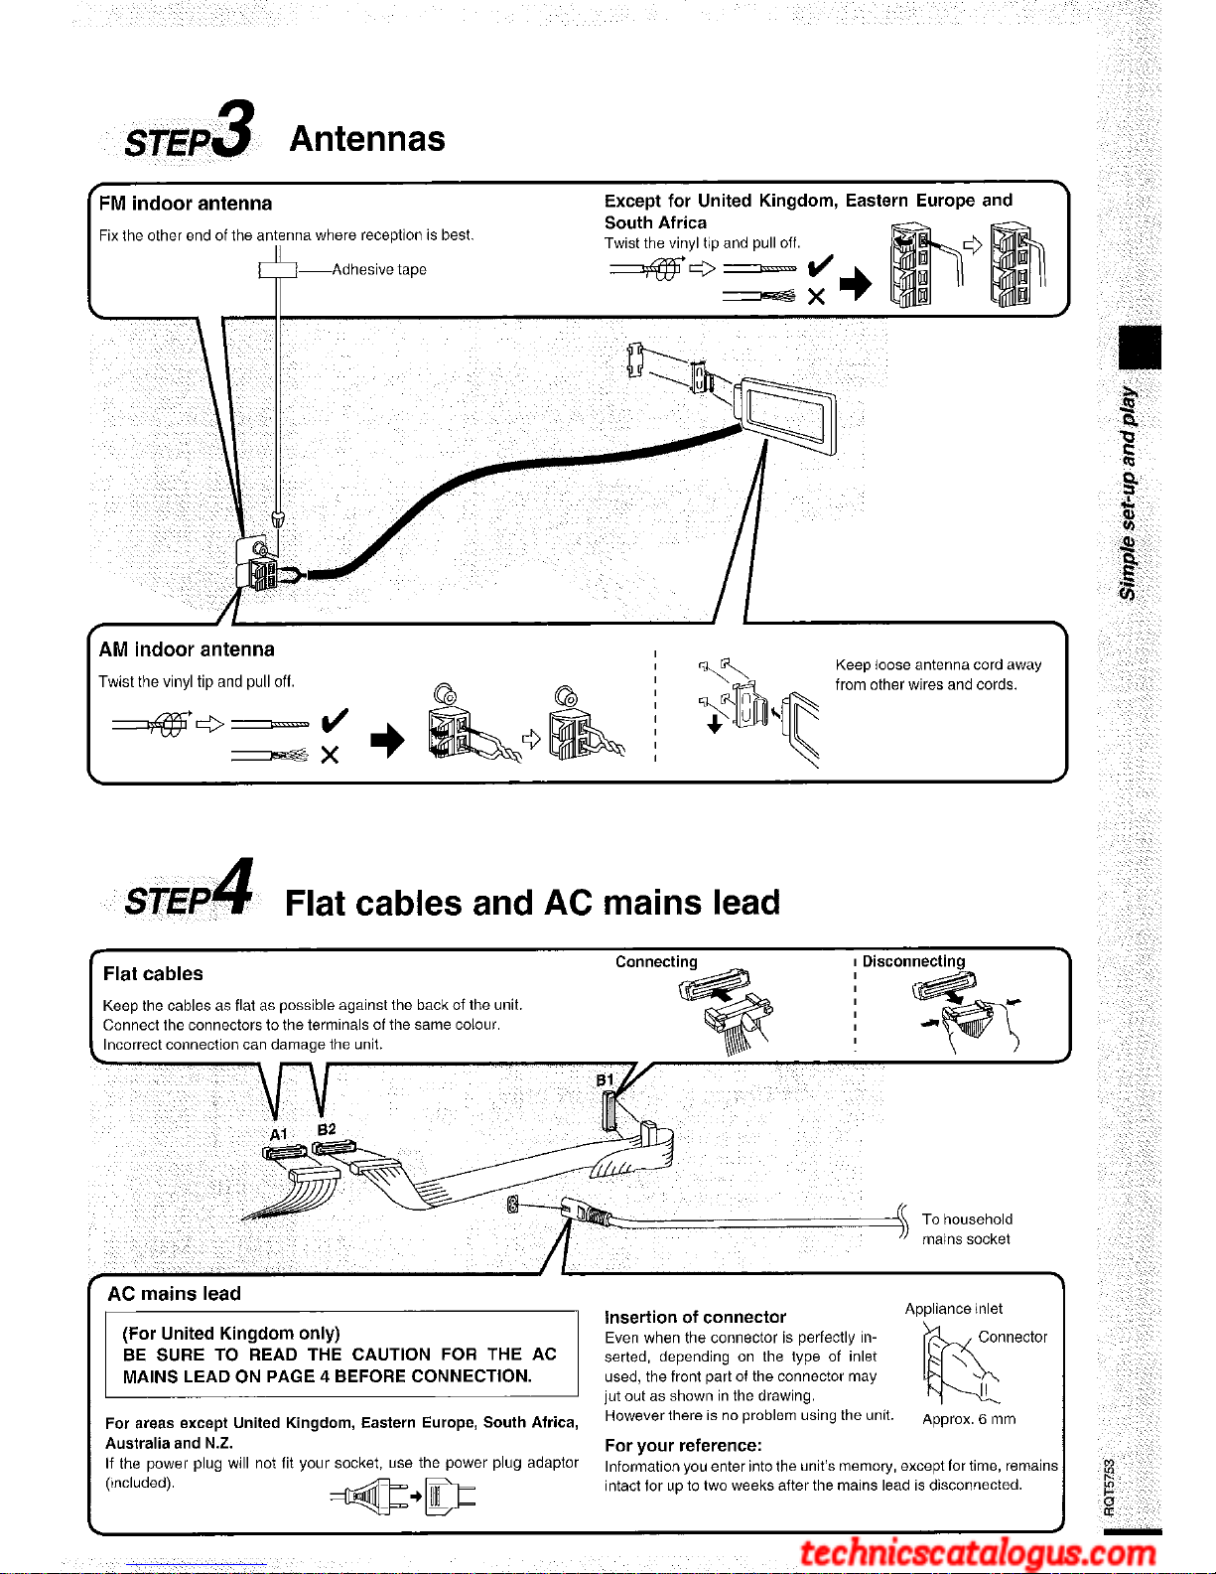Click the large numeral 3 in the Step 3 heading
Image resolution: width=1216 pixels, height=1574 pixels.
point(234,129)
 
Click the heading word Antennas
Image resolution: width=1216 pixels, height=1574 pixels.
point(367,139)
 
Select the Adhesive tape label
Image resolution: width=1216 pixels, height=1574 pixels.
point(379,270)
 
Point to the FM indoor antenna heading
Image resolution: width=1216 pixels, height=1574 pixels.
point(186,204)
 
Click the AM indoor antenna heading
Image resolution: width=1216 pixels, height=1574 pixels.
point(187,649)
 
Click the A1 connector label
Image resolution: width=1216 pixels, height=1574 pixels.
point(279,1134)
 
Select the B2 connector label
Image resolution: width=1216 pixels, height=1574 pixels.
point(327,1130)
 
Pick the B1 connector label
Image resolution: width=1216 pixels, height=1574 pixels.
point(605,1080)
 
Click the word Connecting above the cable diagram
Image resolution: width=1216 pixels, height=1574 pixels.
point(656,962)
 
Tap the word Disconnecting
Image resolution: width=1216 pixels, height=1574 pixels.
point(913,962)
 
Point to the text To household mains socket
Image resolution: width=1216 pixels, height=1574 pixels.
point(966,1229)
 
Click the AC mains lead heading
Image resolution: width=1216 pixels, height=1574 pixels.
point(175,1294)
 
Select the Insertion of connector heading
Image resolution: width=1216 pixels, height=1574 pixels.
point(695,1318)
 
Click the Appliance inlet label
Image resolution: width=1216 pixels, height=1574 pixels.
point(953,1309)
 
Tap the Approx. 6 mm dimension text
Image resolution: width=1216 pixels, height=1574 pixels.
point(969,1419)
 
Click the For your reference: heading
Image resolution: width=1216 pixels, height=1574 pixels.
point(683,1446)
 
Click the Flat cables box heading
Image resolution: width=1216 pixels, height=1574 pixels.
point(153,974)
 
